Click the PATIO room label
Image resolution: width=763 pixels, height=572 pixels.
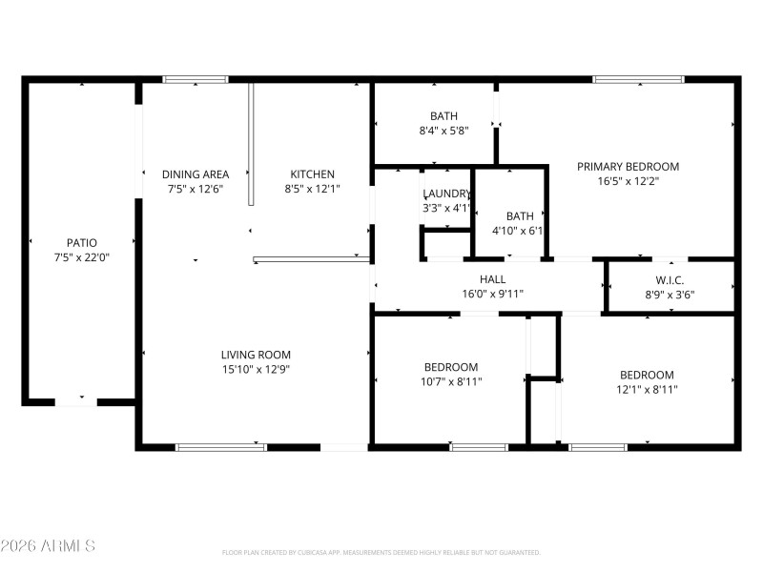(81, 243)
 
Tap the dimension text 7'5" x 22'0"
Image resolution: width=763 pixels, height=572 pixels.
(81, 256)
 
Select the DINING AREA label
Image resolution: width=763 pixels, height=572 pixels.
(196, 174)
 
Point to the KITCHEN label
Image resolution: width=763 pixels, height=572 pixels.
(313, 174)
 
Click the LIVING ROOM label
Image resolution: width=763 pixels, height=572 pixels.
(256, 355)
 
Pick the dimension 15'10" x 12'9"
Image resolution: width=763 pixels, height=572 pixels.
(256, 369)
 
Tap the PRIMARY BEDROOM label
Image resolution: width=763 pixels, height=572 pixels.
(628, 166)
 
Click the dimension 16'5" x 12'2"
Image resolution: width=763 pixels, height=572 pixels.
(628, 180)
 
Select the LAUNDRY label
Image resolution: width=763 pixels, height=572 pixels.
(446, 194)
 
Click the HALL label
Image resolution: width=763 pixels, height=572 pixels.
(492, 279)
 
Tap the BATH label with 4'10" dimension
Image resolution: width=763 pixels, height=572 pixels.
(520, 216)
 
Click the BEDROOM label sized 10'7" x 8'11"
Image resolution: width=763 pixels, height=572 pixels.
(451, 367)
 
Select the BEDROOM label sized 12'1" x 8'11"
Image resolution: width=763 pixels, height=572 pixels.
(647, 375)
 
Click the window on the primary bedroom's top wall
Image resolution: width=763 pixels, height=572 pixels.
(638, 80)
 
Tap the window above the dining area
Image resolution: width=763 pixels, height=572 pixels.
(196, 80)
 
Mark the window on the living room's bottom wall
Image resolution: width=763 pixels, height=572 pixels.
(221, 446)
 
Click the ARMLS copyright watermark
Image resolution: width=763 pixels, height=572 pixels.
(48, 546)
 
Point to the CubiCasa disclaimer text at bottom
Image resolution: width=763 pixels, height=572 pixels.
(381, 553)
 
